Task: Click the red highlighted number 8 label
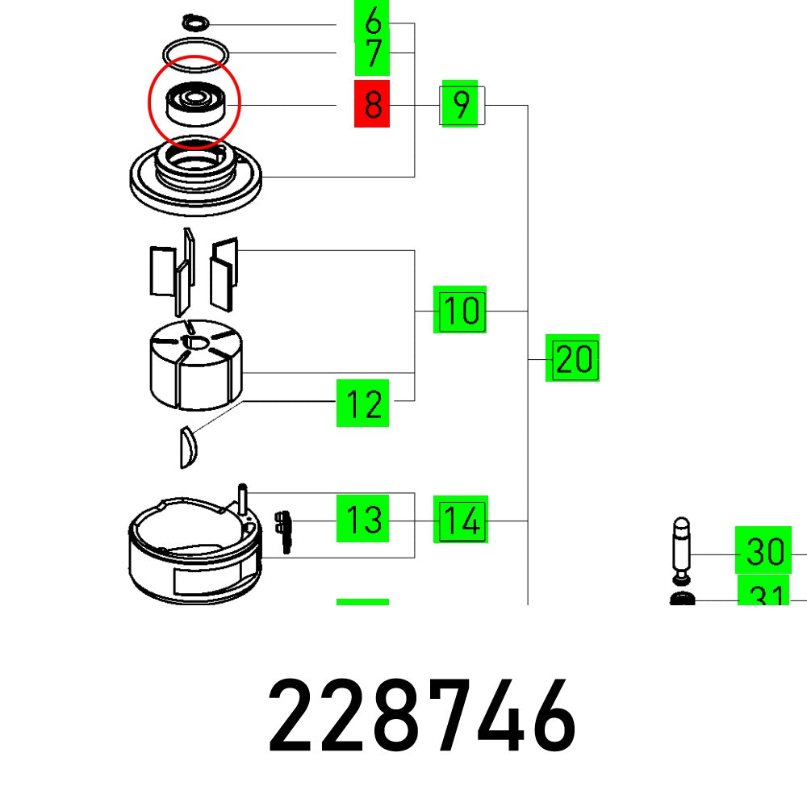372,104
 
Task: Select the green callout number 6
372,22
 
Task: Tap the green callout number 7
372,55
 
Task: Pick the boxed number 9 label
462,105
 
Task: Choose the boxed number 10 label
460,310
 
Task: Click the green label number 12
362,403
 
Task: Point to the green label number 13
362,519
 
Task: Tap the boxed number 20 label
572,358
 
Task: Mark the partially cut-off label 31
764,596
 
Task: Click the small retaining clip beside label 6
194,21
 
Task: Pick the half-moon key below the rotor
187,446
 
